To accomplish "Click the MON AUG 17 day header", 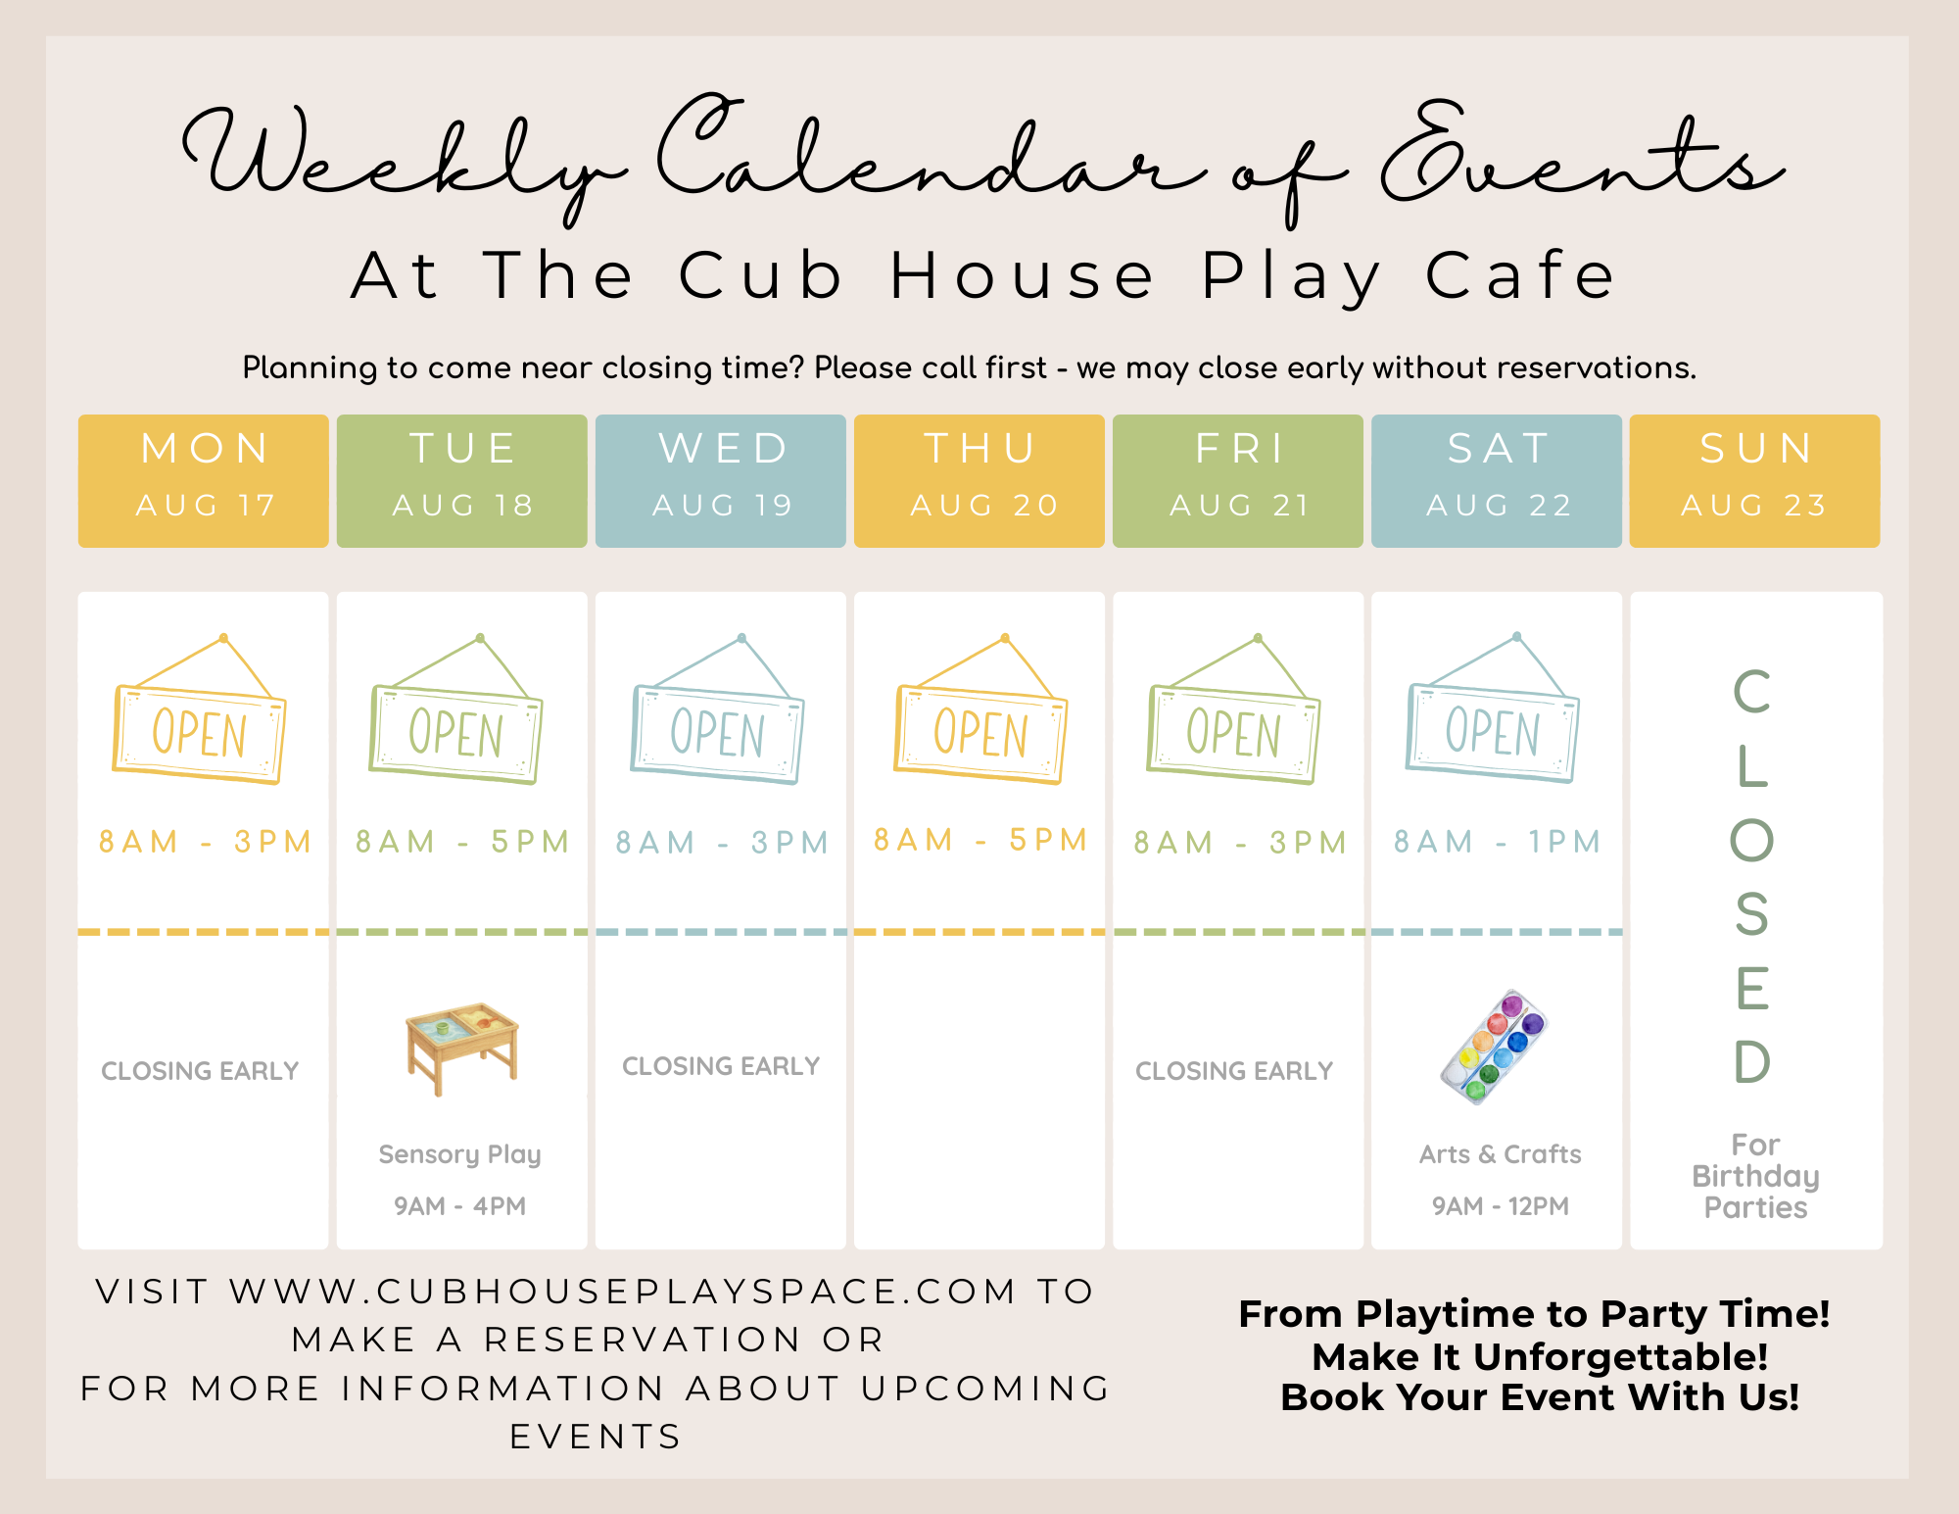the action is [x=204, y=480].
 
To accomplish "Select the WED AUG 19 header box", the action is [x=721, y=480].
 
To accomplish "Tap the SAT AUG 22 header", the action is [x=1497, y=480].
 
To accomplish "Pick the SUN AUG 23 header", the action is [x=1755, y=480].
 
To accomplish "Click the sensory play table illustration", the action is [x=462, y=1048].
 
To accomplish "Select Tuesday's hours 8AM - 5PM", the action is [x=462, y=842].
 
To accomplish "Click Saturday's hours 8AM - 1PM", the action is [x=1498, y=842].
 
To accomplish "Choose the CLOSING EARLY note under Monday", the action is [x=200, y=1071].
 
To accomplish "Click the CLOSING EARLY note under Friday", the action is [x=1234, y=1071].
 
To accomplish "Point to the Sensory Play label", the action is [x=460, y=1155].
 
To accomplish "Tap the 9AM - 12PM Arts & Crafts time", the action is [x=1501, y=1206].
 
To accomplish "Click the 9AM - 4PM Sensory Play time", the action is [x=460, y=1206].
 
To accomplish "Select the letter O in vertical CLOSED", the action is [x=1752, y=840].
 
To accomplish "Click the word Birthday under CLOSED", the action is [x=1755, y=1177].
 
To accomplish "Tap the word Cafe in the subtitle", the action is [x=1519, y=275].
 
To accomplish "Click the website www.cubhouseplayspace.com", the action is [x=623, y=1292].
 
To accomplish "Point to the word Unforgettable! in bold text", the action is [x=1620, y=1357].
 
